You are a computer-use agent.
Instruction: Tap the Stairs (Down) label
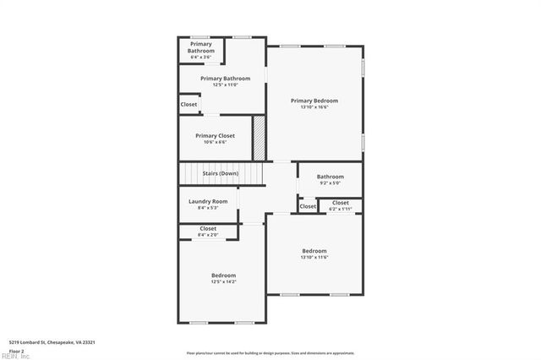point(220,173)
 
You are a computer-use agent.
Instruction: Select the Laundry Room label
point(208,201)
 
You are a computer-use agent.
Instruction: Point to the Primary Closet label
point(215,135)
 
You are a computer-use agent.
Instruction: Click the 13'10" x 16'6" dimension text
point(314,107)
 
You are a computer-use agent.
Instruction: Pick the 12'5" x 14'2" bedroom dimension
point(223,282)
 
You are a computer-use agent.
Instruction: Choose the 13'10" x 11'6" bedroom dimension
point(314,257)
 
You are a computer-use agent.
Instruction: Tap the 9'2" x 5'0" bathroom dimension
point(330,183)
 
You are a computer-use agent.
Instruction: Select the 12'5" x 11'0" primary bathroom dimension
point(225,85)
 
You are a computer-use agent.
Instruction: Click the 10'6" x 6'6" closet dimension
point(215,142)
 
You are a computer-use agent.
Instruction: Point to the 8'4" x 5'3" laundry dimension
point(208,208)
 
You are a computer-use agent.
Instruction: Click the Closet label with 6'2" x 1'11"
point(340,203)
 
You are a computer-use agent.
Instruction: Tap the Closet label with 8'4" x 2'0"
point(208,228)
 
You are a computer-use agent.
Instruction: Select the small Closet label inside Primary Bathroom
point(189,105)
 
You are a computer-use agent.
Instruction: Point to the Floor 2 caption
point(17,350)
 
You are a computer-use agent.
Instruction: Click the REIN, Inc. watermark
point(15,356)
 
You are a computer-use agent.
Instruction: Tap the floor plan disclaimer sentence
point(270,353)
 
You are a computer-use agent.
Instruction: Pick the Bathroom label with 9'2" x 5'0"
point(331,177)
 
